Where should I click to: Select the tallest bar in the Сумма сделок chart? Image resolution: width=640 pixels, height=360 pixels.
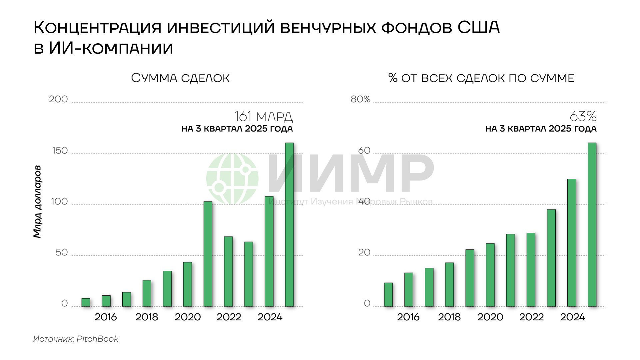(290, 224)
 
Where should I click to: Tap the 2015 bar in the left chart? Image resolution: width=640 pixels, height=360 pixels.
(86, 302)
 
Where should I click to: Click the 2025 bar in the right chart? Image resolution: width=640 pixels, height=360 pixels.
(592, 224)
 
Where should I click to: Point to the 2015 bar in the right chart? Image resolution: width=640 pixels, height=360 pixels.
(388, 294)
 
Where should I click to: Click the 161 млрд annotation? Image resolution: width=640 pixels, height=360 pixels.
(264, 117)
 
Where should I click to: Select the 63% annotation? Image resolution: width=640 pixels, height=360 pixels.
(583, 117)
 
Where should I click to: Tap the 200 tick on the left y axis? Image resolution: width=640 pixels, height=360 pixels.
(58, 99)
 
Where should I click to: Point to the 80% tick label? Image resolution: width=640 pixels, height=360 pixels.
(360, 99)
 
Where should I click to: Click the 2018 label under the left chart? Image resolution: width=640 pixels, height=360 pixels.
(147, 317)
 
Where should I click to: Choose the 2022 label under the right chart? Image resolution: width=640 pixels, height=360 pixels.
(531, 317)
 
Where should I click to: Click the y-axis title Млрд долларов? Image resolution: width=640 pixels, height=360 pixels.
(38, 201)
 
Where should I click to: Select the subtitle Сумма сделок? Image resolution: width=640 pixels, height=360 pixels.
(180, 78)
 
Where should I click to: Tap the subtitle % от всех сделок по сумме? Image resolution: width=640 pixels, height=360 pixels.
(481, 78)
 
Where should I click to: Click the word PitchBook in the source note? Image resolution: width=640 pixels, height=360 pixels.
(97, 339)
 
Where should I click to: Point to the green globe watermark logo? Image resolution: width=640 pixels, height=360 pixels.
(232, 179)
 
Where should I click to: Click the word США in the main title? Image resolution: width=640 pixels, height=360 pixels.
(478, 27)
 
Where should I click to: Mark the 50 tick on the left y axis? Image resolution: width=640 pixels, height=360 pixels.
(62, 252)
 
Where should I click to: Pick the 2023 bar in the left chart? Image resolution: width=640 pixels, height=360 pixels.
(249, 274)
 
